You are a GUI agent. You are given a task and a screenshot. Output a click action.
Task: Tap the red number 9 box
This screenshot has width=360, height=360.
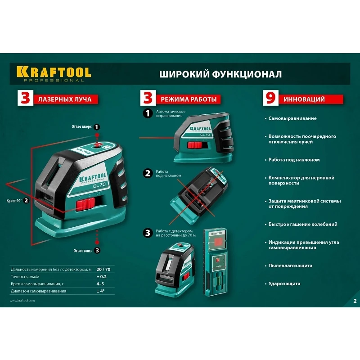click(270, 99)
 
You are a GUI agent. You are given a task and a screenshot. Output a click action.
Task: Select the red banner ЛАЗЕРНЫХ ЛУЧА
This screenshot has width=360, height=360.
click(65, 99)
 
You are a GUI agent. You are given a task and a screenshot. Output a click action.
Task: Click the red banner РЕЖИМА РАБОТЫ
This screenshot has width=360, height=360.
click(185, 99)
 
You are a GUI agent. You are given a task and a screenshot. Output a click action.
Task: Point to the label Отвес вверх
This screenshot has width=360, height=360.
click(82, 127)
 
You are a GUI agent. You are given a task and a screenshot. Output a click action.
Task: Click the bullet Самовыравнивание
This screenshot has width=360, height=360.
click(292, 118)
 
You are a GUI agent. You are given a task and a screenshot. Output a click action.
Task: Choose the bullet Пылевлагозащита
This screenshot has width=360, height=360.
click(290, 265)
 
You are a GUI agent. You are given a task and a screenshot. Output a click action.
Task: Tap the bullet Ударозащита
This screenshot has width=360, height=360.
click(284, 283)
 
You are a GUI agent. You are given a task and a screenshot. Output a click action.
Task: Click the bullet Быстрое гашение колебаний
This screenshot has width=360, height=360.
click(303, 224)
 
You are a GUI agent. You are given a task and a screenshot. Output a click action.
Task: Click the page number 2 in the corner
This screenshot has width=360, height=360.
click(355, 301)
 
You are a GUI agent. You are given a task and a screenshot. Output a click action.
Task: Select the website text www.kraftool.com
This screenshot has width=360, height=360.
click(22, 301)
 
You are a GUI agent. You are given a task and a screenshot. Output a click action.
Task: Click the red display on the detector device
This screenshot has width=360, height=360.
click(218, 243)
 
